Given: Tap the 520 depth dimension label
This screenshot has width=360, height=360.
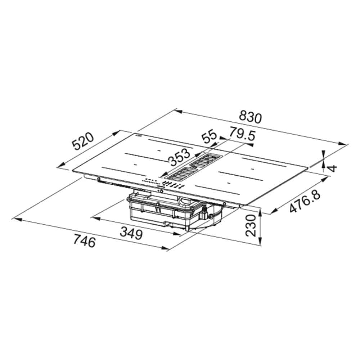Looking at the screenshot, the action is coord(83,141).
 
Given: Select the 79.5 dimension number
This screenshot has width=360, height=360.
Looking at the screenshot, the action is coord(242,134).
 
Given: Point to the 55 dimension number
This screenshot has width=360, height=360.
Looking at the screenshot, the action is coord(209,137).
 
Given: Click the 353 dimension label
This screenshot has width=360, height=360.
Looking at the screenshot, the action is coord(180,157).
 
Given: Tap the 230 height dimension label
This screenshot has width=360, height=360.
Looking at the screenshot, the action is coord(251,225).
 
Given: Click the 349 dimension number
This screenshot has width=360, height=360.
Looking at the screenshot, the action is coord(131,234).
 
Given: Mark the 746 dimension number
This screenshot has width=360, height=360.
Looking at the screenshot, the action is coord(84,241).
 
